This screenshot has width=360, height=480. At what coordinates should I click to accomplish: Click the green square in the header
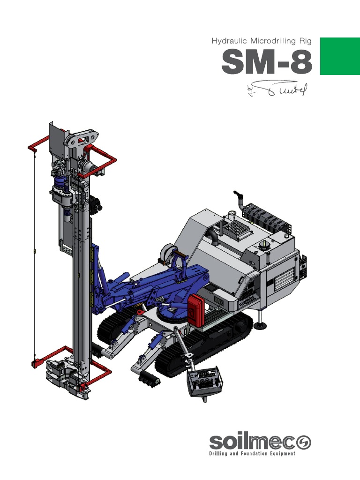339,56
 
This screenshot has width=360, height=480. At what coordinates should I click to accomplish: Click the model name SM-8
267,62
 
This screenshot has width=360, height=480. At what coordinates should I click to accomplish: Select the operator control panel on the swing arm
206,380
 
